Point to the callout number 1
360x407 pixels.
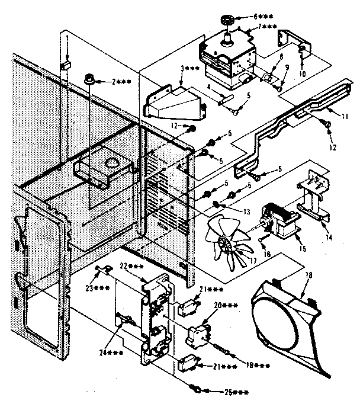pos(67,38)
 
